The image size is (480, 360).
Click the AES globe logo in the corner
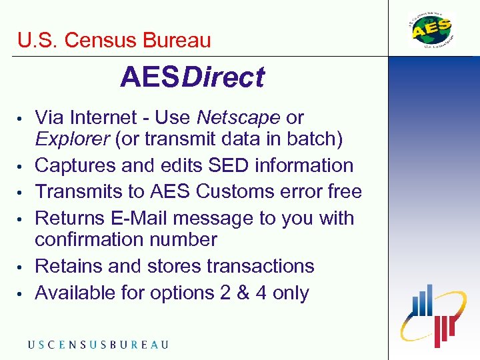tap(431, 30)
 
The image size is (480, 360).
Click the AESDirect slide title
tap(192, 78)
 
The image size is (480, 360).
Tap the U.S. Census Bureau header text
tap(114, 41)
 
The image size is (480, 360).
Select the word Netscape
tap(239, 118)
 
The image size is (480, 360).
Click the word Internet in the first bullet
tap(99, 118)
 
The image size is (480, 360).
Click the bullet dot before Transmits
tap(23, 193)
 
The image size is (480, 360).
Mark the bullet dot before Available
tap(23, 294)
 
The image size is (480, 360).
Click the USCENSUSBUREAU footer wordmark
tap(98, 345)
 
